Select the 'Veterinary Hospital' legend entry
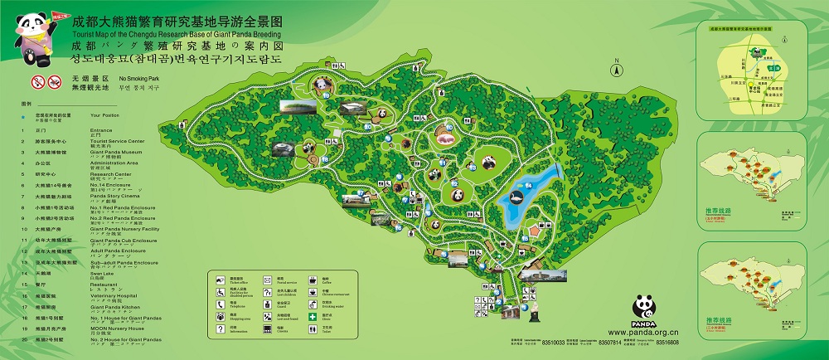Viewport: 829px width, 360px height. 111,294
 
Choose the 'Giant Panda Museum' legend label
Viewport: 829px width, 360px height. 110,152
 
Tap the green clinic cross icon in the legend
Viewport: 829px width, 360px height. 312,316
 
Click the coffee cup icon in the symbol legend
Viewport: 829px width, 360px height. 312,279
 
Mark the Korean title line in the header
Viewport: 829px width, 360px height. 164,60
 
